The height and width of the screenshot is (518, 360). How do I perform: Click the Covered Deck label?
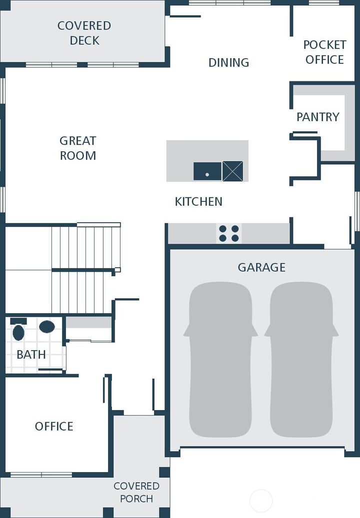(84, 33)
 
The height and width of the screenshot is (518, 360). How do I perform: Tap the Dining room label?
(228, 62)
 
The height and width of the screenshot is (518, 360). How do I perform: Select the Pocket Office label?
(324, 52)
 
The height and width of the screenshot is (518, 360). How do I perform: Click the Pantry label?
(318, 117)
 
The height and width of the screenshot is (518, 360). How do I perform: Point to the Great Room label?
(78, 148)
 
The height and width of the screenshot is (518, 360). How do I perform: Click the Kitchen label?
(198, 201)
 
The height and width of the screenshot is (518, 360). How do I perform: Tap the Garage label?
(261, 267)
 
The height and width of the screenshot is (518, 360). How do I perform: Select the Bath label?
(31, 355)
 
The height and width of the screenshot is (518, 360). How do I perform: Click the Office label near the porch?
(54, 426)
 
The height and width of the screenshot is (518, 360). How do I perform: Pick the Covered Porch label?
(136, 492)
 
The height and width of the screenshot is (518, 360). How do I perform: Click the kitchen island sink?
(207, 171)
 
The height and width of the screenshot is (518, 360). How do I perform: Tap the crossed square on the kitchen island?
(232, 171)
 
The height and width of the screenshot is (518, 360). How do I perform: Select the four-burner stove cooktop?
(229, 233)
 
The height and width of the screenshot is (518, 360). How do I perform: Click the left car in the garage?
(220, 360)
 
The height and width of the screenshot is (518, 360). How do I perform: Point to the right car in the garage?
(301, 360)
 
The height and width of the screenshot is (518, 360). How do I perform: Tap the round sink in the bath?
(47, 327)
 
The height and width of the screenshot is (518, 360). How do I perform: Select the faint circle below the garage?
(261, 501)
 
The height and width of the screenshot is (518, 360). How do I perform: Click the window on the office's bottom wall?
(41, 475)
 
